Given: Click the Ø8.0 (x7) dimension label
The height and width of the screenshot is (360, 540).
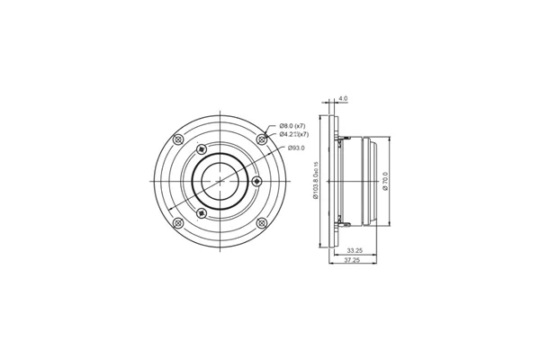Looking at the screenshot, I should pos(293,125).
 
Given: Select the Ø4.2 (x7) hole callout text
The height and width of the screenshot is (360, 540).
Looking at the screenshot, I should pos(293,135).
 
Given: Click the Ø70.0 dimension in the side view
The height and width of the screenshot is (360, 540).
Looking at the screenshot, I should pos(385,180).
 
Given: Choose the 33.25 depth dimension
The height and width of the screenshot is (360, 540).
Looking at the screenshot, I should pos(355,251).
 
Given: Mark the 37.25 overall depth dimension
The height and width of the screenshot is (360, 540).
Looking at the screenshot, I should pos(352,262).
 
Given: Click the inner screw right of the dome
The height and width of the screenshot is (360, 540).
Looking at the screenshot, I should pos(258,181).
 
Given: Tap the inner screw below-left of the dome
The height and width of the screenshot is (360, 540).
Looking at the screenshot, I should pos(202,212).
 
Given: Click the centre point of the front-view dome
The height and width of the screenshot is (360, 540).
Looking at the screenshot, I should pos(220,181).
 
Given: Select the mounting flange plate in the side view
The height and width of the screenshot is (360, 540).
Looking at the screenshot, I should pos(336,180).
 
